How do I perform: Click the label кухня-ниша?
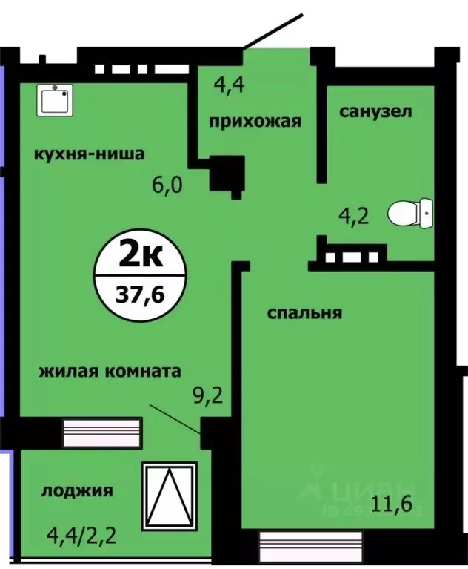click(88, 154)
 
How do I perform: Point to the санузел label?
click(375, 112)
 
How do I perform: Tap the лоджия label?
click(77, 490)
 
